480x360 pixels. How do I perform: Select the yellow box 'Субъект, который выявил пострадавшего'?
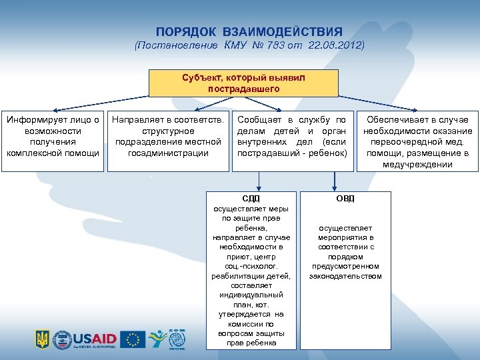243,83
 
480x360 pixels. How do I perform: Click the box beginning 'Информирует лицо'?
53,137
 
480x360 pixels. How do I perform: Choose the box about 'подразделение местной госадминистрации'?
168,137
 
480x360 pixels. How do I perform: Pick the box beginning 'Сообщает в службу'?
292,137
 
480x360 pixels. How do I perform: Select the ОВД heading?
345,198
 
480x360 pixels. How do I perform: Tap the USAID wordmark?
95,337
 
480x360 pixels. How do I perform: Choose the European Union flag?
133,339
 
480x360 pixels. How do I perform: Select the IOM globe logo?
177,340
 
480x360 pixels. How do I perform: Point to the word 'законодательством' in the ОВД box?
345,275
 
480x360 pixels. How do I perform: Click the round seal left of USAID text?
62,339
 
